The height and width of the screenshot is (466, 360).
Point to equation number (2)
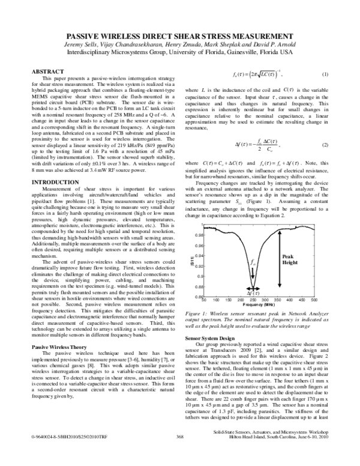tap(325, 146)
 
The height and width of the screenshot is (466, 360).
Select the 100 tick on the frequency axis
tap(217, 299)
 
